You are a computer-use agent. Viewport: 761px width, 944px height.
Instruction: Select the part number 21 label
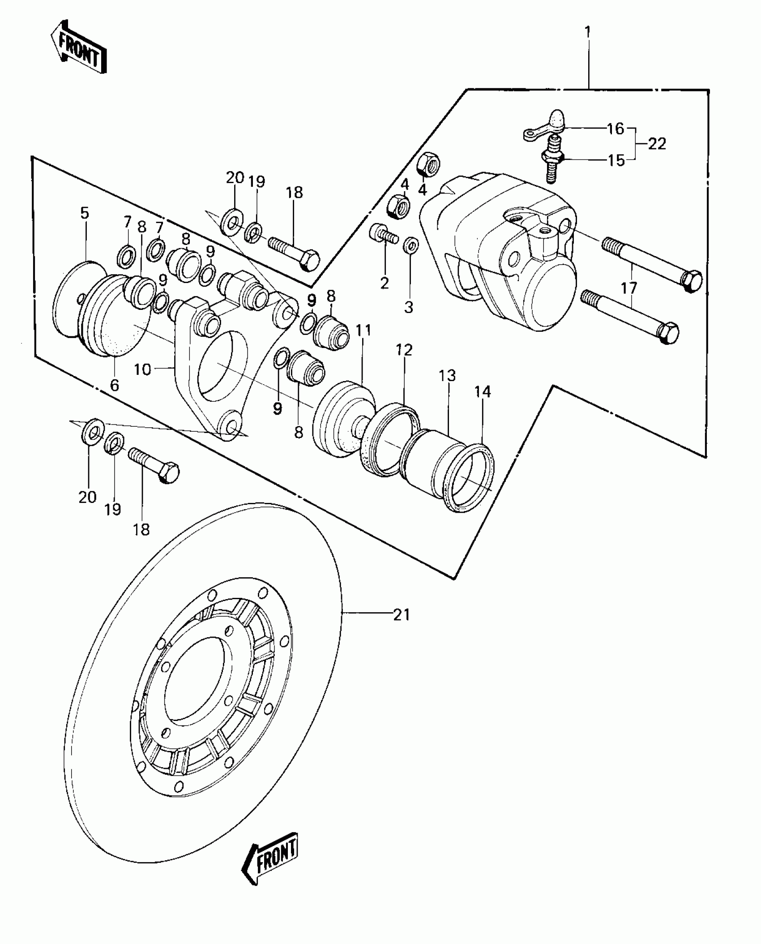(x=401, y=615)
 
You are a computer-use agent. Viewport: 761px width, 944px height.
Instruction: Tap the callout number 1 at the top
(x=588, y=32)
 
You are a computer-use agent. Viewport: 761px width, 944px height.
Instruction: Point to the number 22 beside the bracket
(x=656, y=144)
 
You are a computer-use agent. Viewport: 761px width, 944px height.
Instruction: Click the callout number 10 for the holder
(x=143, y=370)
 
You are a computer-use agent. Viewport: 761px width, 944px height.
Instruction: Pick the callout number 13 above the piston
(x=447, y=375)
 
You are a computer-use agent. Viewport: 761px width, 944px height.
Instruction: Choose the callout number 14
(x=483, y=392)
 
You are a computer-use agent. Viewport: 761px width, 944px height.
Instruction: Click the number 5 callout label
(x=85, y=213)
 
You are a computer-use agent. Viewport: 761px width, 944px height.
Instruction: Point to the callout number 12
(x=404, y=350)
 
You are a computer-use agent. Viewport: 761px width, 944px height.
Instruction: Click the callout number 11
(x=363, y=331)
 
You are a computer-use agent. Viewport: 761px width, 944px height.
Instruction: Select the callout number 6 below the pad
(x=115, y=385)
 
